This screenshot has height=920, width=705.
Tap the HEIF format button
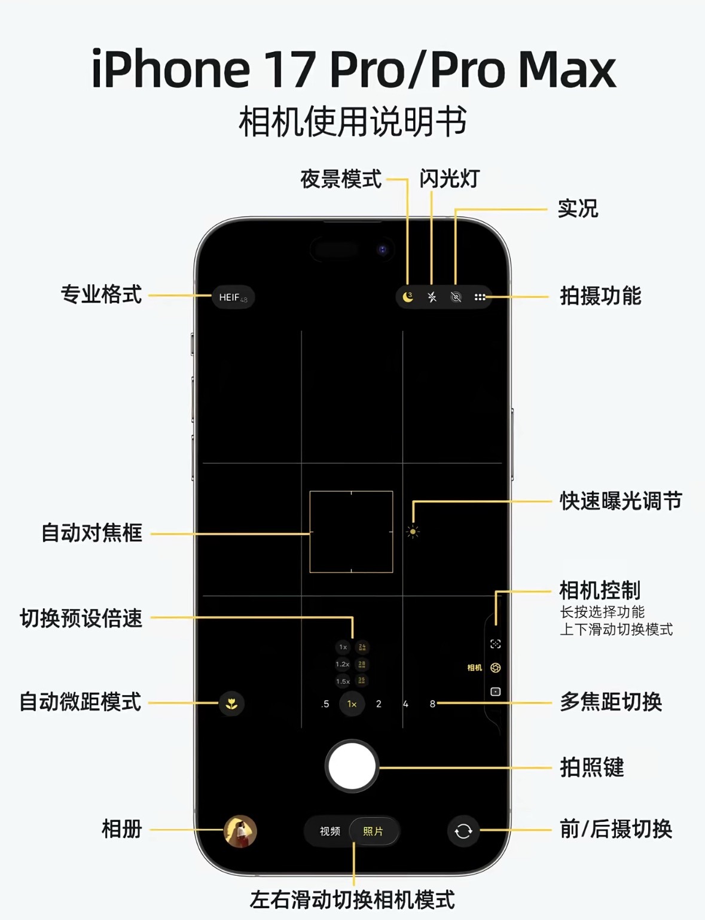pyautogui.click(x=233, y=297)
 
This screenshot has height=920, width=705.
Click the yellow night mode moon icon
pyautogui.click(x=408, y=297)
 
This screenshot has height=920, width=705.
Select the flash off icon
pyautogui.click(x=432, y=297)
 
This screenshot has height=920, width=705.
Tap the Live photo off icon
pyautogui.click(x=456, y=297)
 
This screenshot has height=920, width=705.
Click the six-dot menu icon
pyautogui.click(x=480, y=297)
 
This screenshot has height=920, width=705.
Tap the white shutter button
pyautogui.click(x=352, y=766)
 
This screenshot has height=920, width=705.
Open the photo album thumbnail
pyautogui.click(x=240, y=831)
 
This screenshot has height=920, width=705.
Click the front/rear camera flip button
pyautogui.click(x=463, y=831)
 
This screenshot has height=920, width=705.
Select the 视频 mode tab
pyautogui.click(x=329, y=831)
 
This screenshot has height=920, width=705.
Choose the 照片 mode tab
pyautogui.click(x=373, y=831)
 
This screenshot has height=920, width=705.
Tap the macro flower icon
pyautogui.click(x=231, y=703)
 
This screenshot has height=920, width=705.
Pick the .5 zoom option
pyautogui.click(x=325, y=704)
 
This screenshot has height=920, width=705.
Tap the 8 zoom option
pyautogui.click(x=432, y=704)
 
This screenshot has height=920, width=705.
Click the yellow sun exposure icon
pyautogui.click(x=413, y=531)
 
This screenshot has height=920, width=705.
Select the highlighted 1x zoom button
pyautogui.click(x=352, y=704)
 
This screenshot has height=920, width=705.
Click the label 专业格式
pyautogui.click(x=101, y=294)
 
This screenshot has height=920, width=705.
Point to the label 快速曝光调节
pyautogui.click(x=621, y=501)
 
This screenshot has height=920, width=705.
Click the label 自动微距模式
pyautogui.click(x=80, y=702)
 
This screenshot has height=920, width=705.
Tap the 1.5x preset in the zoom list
pyautogui.click(x=343, y=681)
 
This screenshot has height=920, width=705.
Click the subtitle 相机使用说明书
pyautogui.click(x=352, y=122)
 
